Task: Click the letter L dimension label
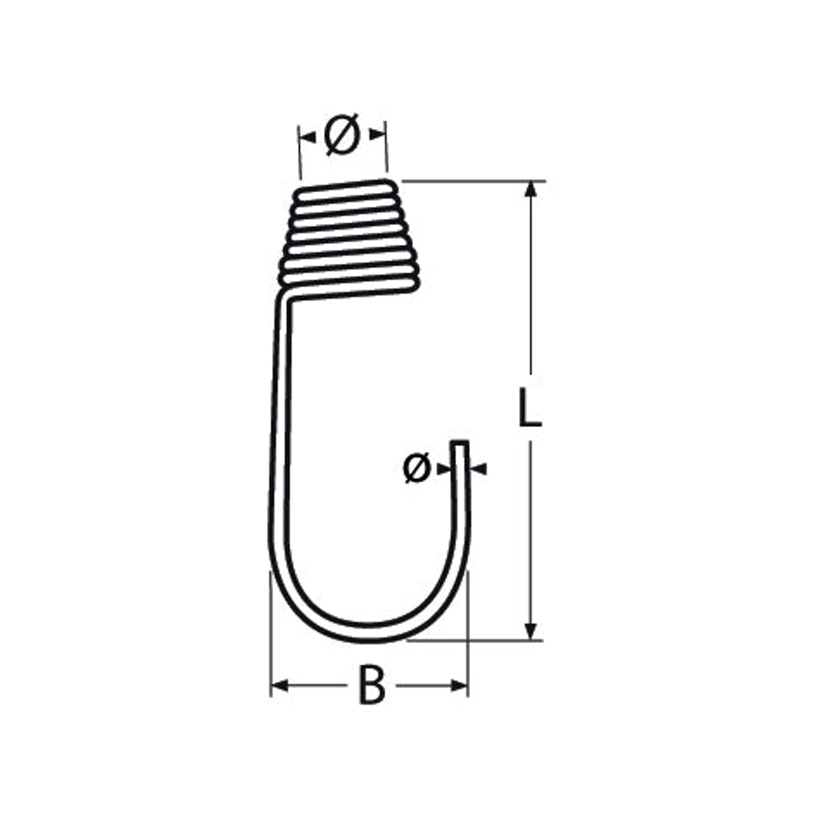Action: point(530,407)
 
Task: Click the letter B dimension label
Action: point(372,684)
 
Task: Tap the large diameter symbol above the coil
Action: point(342,134)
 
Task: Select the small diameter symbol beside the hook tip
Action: point(417,467)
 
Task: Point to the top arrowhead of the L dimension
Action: point(530,189)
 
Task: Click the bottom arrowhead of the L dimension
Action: point(530,631)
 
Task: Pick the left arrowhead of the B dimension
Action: point(279,685)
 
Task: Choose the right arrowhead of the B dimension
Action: point(459,685)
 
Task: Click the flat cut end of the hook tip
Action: point(459,443)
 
